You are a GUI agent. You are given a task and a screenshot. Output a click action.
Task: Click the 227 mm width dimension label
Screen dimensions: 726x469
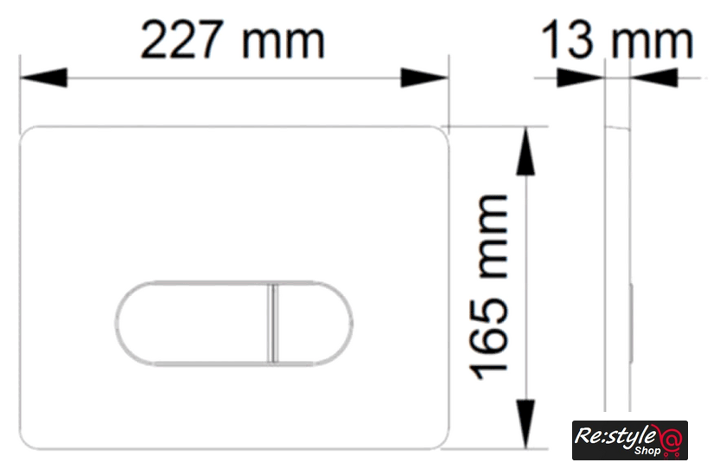click(x=232, y=40)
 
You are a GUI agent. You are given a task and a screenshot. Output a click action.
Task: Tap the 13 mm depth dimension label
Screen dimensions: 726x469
click(x=617, y=40)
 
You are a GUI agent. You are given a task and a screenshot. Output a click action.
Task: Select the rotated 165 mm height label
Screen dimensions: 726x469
click(x=489, y=287)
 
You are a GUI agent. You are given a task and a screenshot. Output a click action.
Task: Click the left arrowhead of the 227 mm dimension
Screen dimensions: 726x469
click(x=43, y=78)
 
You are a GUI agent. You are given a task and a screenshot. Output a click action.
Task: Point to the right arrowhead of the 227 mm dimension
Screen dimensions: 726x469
click(x=424, y=78)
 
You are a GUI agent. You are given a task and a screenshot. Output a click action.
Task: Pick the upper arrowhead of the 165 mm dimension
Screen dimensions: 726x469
click(x=525, y=151)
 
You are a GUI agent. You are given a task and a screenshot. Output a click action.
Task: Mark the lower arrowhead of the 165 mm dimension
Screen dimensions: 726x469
click(x=525, y=424)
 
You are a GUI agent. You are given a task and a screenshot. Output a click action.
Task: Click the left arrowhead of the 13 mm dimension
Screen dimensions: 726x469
click(x=581, y=78)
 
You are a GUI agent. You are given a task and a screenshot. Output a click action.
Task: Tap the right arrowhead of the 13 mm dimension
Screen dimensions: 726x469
click(x=653, y=78)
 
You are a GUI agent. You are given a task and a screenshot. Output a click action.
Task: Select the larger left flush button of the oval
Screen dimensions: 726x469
click(x=192, y=323)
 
